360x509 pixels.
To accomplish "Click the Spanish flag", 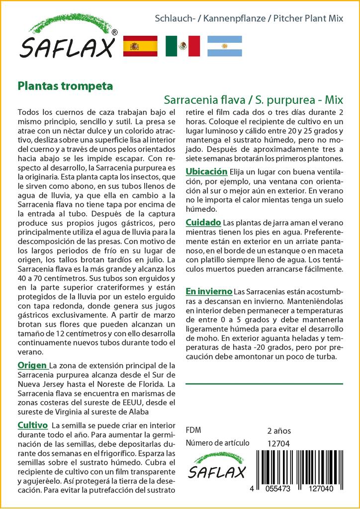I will pyautogui.click(x=140, y=46).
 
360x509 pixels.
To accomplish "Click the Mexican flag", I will pyautogui.click(x=182, y=46).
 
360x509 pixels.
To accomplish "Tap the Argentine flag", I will pyautogui.click(x=224, y=46).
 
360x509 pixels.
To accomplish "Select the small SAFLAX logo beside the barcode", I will pyautogui.click(x=218, y=467).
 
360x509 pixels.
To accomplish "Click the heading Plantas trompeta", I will pyautogui.click(x=65, y=85).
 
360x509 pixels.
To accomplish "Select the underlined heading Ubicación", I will pyautogui.click(x=206, y=171).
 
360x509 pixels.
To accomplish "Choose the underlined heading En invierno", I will pyautogui.click(x=209, y=291).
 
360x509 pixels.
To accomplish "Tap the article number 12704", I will pyautogui.click(x=278, y=443).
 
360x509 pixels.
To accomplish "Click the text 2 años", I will pyautogui.click(x=279, y=430).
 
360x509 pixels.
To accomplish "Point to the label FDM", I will pyautogui.click(x=193, y=430).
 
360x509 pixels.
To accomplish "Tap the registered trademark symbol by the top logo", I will pyautogui.click(x=114, y=32).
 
